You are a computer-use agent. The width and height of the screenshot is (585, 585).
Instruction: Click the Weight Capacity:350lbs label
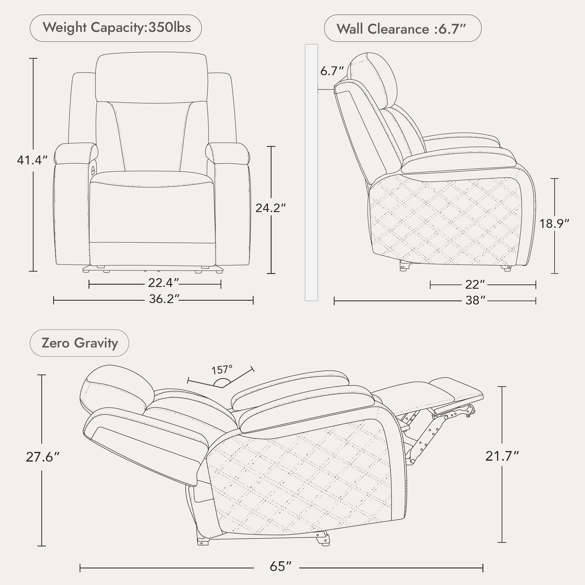pos(117,28)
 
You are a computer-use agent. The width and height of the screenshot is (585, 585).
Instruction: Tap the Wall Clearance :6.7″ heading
pos(403,28)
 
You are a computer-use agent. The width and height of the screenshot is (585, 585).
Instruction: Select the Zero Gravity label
pos(80,343)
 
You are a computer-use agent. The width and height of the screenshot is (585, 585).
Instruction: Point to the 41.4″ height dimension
pos(32,160)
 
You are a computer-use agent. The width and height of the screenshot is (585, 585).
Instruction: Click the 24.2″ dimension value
pos(271,208)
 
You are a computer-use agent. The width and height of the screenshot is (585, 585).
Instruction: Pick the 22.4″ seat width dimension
pos(163,282)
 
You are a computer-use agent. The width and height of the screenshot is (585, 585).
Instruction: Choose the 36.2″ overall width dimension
pos(164,299)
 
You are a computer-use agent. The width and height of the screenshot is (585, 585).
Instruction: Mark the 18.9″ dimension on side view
pos(555,223)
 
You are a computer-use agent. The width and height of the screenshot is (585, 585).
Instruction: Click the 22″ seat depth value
pos(475,284)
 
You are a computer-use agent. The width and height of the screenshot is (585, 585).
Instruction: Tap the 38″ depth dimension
pos(475,300)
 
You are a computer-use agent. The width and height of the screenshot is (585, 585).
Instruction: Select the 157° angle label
pos(222,369)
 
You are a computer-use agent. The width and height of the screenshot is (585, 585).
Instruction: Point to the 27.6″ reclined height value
pos(43,457)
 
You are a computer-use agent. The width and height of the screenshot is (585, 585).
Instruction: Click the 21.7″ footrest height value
pos(502,456)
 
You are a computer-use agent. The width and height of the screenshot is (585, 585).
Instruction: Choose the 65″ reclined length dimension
pos(281,566)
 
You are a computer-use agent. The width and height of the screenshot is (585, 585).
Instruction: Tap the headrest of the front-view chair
pos(151,77)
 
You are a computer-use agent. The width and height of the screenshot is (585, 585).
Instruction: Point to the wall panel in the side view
pos(311,173)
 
